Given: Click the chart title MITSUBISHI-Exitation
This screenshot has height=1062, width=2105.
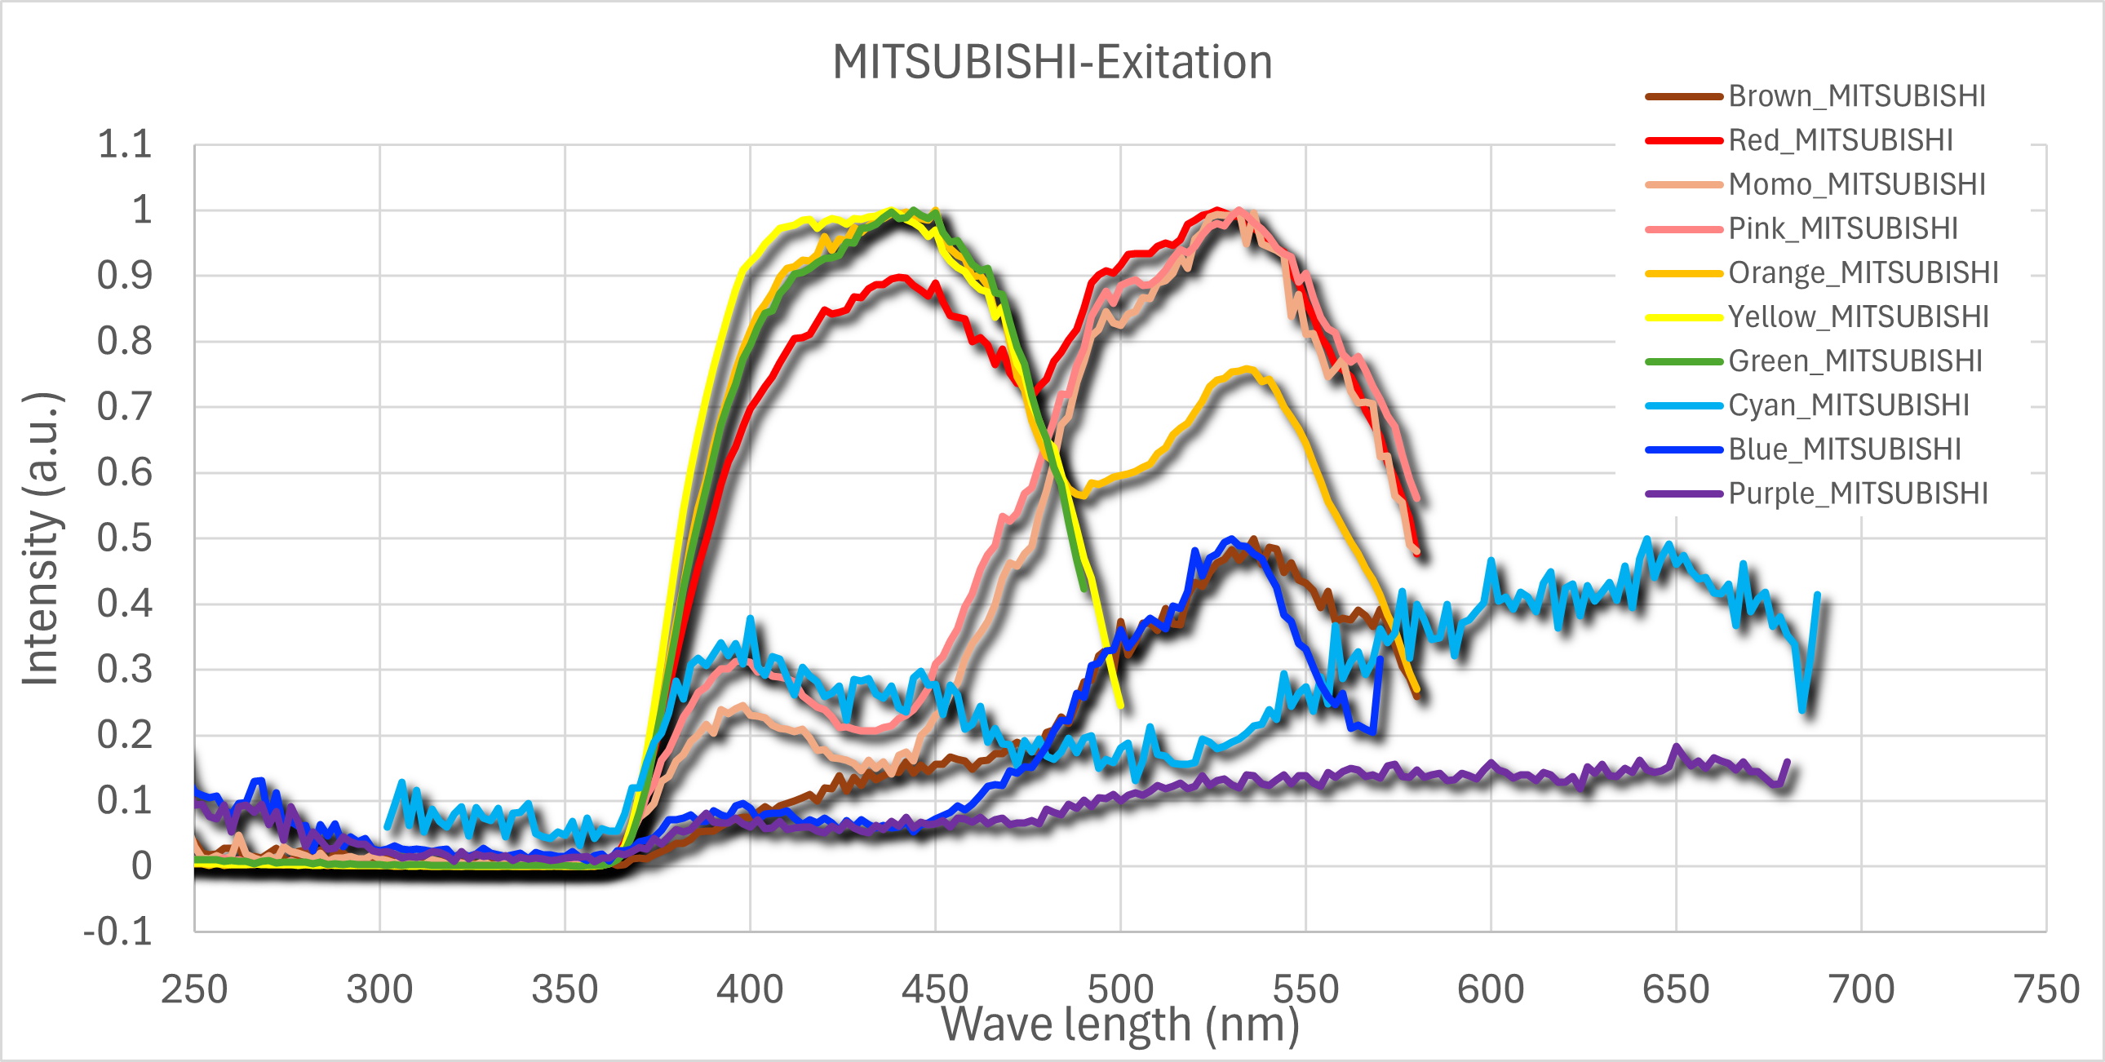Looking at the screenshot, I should tap(1052, 62).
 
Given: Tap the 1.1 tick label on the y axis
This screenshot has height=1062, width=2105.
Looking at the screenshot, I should tap(124, 144).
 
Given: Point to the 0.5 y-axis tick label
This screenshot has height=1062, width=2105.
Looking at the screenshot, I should tap(124, 538).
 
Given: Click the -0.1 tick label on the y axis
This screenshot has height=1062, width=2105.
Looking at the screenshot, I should tap(118, 932).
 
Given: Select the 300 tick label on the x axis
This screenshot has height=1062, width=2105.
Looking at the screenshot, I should tap(379, 989).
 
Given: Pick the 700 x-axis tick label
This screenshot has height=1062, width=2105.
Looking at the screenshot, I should tap(1862, 989).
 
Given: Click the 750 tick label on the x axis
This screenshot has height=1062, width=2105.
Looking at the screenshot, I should tap(2046, 989).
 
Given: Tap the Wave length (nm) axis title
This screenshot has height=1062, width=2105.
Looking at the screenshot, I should tap(1119, 1024).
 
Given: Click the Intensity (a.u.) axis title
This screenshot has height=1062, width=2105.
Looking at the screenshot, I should tap(41, 538).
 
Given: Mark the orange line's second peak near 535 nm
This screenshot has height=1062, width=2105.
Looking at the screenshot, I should tap(1247, 370).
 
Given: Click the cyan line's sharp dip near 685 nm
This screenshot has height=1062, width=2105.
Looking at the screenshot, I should tap(1802, 709).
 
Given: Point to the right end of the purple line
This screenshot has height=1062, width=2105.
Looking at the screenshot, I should tap(1787, 762).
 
